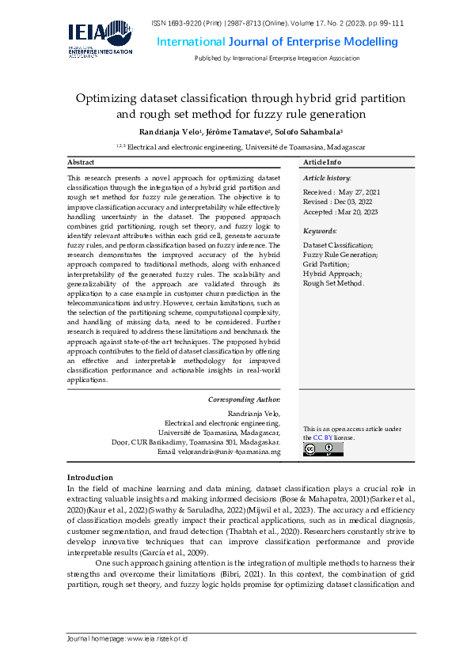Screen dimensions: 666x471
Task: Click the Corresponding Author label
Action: pos(244,399)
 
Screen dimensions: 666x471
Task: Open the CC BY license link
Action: pos(323,437)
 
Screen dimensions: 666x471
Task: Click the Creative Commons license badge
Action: pos(322,449)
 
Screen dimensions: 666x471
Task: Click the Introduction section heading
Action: pos(90,478)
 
